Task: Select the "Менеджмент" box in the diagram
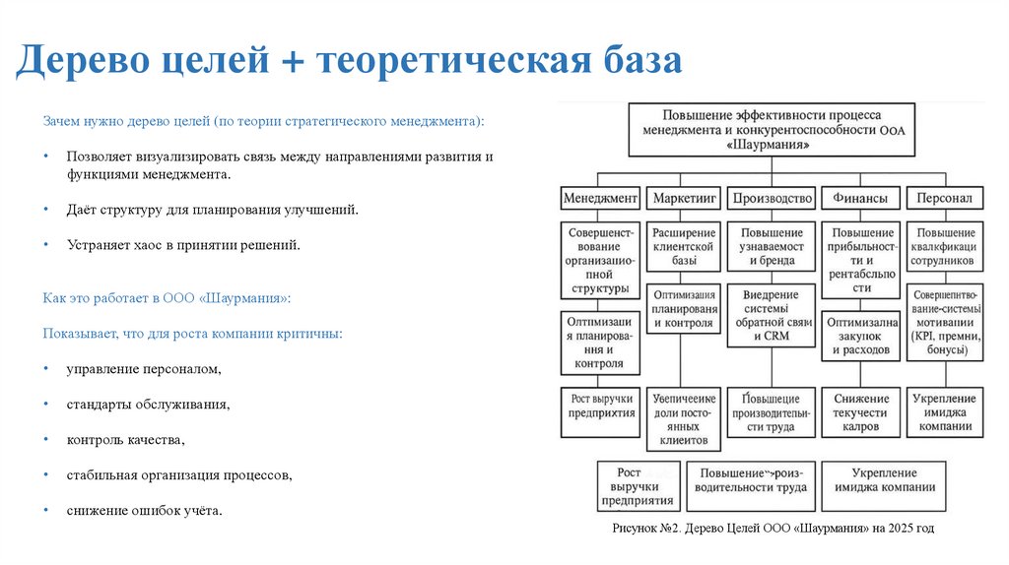click(600, 198)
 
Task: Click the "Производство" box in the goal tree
click(773, 198)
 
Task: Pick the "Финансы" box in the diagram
click(859, 198)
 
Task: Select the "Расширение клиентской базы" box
click(683, 246)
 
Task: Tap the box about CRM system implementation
click(773, 315)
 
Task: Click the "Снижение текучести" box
click(859, 412)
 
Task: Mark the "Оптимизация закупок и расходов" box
click(861, 335)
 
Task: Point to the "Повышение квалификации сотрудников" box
click(945, 246)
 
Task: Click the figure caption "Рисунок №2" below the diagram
click(772, 529)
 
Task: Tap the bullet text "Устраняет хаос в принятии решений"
click(182, 244)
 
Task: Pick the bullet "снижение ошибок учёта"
click(144, 510)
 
